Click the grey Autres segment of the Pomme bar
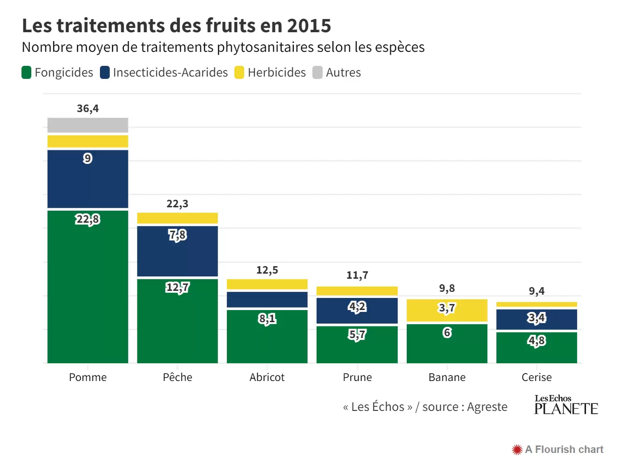pyautogui.click(x=88, y=125)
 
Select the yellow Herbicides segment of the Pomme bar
pyautogui.click(x=88, y=141)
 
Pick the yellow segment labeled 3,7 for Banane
pyautogui.click(x=447, y=311)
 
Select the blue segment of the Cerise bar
pyautogui.click(x=537, y=319)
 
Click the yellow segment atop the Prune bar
pyautogui.click(x=357, y=291)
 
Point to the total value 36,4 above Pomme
pyautogui.click(x=88, y=108)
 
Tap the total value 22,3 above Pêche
pyautogui.click(x=177, y=204)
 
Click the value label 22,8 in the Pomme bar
pyautogui.click(x=88, y=219)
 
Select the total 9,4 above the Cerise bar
pyautogui.click(x=537, y=291)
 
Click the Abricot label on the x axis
pyautogui.click(x=267, y=377)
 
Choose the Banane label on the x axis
pyautogui.click(x=447, y=377)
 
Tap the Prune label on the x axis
pyautogui.click(x=357, y=377)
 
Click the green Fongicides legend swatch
pyautogui.click(x=27, y=72)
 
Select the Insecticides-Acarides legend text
pyautogui.click(x=170, y=72)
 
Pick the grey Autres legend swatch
pyautogui.click(x=318, y=72)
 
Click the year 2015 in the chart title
pyautogui.click(x=309, y=26)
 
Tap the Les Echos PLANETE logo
pyautogui.click(x=565, y=405)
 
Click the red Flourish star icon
pyautogui.click(x=517, y=450)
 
